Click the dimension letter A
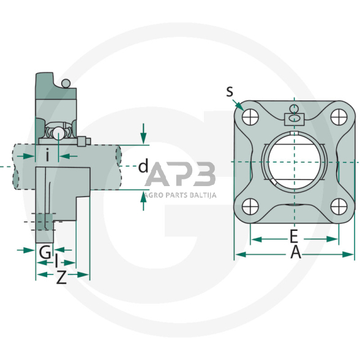click(x=296, y=252)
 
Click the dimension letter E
click(x=294, y=236)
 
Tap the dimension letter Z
click(x=61, y=277)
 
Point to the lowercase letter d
click(x=143, y=166)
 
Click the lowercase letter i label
click(x=47, y=156)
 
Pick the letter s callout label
click(x=230, y=92)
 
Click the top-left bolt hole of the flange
click(x=250, y=117)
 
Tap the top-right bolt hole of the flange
click(x=339, y=117)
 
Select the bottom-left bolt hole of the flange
click(x=250, y=206)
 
